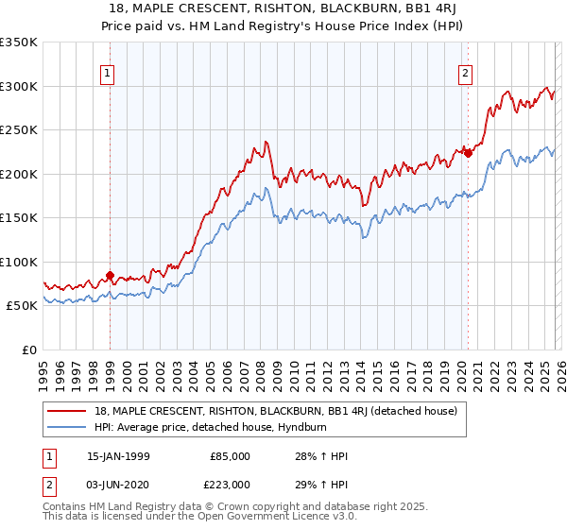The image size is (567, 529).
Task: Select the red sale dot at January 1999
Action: point(111,276)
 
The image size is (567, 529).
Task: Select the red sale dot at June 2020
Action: point(467,153)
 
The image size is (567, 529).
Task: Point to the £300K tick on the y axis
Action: point(19,86)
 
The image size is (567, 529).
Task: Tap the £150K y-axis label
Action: point(19,217)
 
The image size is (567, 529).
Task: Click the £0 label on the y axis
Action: point(28,350)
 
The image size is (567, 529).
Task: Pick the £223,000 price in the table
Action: point(230,484)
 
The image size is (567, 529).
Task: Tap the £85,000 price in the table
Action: point(230,456)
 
